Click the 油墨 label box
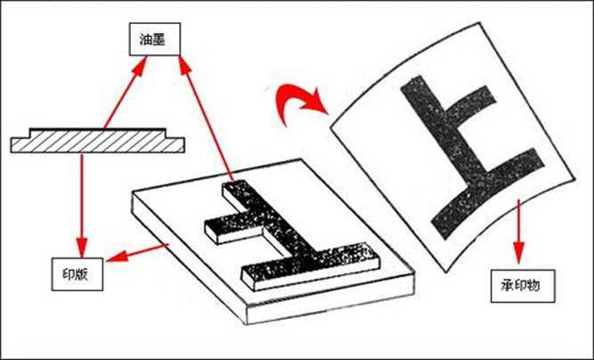click(155, 39)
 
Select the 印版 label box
click(77, 274)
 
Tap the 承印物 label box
click(523, 286)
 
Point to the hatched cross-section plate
click(98, 141)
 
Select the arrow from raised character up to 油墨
click(206, 118)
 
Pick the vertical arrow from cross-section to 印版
click(82, 206)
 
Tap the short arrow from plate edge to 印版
click(137, 253)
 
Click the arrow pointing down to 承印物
click(518, 232)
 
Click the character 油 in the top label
click(146, 39)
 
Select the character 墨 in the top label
click(159, 39)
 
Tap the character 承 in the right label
click(508, 286)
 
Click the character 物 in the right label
click(533, 286)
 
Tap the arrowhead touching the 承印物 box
click(518, 254)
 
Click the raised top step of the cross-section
click(98, 131)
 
